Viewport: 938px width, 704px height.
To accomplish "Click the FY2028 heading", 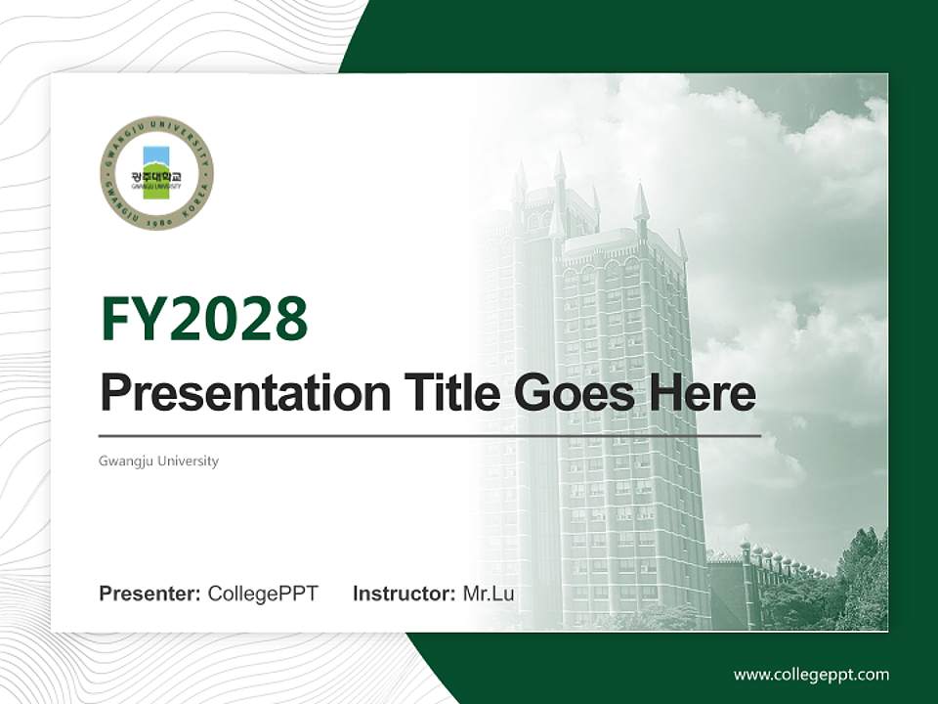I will pyautogui.click(x=204, y=320).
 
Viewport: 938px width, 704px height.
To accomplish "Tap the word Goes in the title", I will pyautogui.click(x=570, y=393).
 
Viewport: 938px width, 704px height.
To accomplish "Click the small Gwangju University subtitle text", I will pyautogui.click(x=158, y=461).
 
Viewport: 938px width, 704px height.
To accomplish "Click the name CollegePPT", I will pyautogui.click(x=263, y=594).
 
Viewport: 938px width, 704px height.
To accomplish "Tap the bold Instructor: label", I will pyautogui.click(x=404, y=594).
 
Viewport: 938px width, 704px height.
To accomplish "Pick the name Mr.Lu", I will pyautogui.click(x=489, y=594).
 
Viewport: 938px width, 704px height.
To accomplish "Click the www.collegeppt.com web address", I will pyautogui.click(x=811, y=675).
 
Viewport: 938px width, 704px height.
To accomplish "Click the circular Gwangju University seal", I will pyautogui.click(x=156, y=172).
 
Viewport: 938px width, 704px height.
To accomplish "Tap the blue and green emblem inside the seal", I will pyautogui.click(x=156, y=172).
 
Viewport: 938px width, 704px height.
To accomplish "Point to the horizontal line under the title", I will pyautogui.click(x=430, y=435).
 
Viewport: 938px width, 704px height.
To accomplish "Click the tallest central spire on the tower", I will pyautogui.click(x=560, y=171).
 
